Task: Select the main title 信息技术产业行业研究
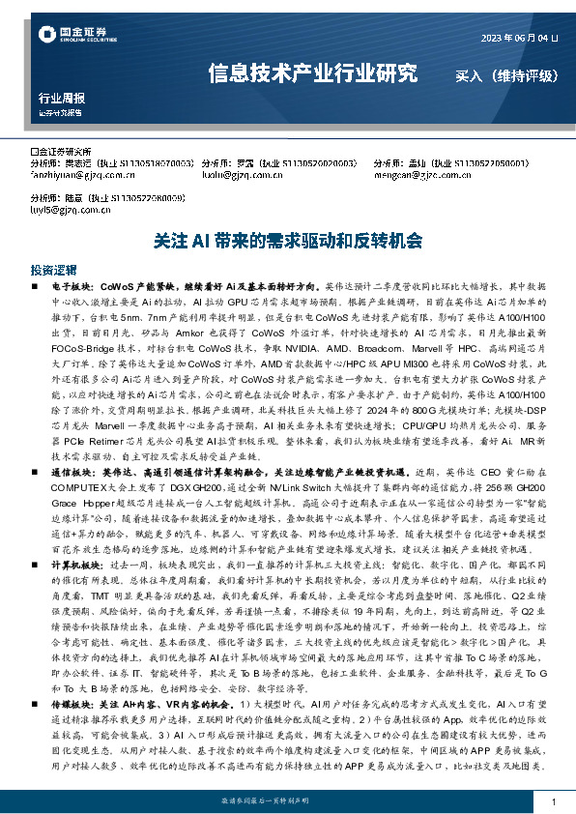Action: tap(313, 74)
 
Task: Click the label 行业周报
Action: tap(62, 98)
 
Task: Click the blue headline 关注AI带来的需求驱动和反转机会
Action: tap(287, 241)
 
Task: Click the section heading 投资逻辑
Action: tap(53, 270)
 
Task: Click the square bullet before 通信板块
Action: tap(36, 500)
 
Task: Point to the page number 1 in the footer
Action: tap(553, 802)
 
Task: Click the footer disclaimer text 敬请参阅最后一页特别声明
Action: tap(287, 801)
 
